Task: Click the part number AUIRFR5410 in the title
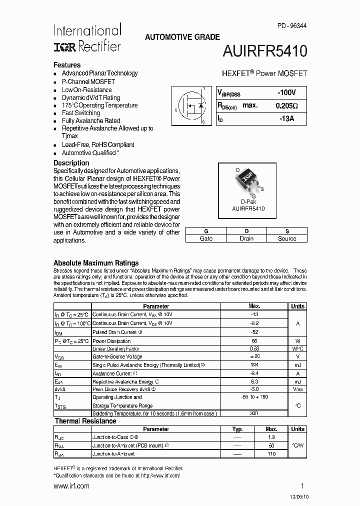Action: tap(265, 52)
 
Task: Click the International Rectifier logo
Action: tap(87, 38)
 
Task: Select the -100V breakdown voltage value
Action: tap(287, 92)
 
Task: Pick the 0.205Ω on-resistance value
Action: tap(286, 105)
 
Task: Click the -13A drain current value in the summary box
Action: tap(287, 118)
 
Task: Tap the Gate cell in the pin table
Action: tap(206, 238)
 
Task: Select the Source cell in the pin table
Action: tap(287, 238)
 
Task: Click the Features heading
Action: tap(67, 65)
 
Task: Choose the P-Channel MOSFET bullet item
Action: tap(88, 81)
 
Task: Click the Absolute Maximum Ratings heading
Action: tap(96, 263)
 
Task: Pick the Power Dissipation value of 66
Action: tap(254, 340)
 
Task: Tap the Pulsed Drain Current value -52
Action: tap(254, 331)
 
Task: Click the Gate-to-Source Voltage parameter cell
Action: tap(117, 356)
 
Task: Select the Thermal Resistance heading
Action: tap(85, 421)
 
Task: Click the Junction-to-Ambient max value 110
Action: tap(271, 454)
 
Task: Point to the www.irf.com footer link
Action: tap(71, 486)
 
